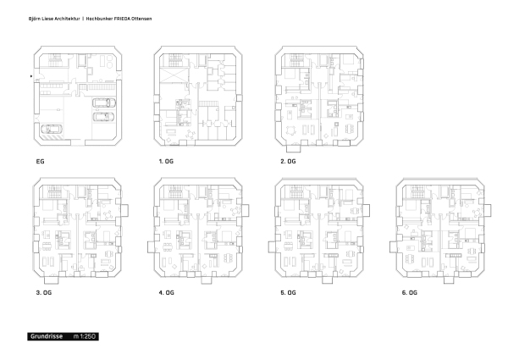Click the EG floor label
coord(40,162)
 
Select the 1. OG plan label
coord(166,162)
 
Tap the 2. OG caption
coord(288,162)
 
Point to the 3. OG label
coord(44,292)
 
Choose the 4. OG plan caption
coord(166,292)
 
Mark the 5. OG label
coord(288,292)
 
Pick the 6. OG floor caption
coord(410,292)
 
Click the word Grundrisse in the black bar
coord(47,336)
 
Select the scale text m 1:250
coord(84,336)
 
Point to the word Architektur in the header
coord(67,19)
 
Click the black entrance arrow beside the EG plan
coord(31,76)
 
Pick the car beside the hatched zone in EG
coord(52,130)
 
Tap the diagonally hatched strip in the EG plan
coord(51,138)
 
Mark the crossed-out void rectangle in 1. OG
coord(174,76)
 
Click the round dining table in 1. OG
coord(190,133)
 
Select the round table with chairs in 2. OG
coord(290,130)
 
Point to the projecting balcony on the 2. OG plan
coord(294,148)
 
